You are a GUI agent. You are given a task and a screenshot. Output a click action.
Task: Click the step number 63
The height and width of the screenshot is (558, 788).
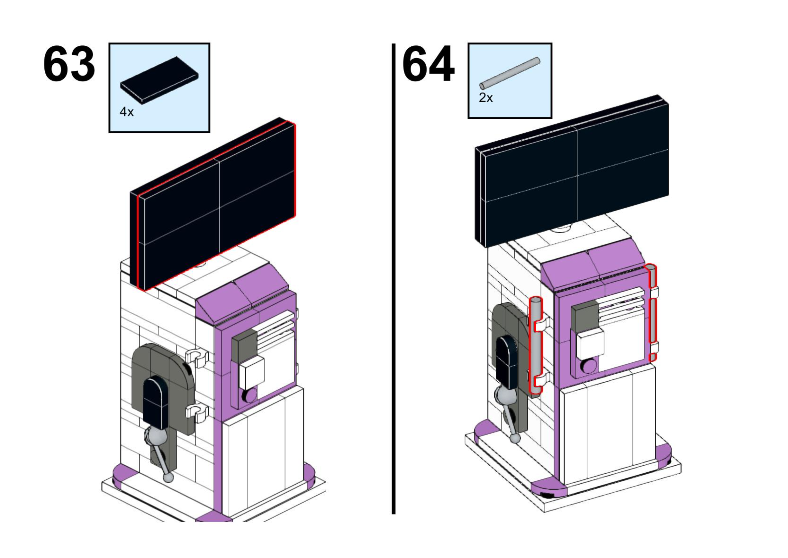pyautogui.click(x=69, y=64)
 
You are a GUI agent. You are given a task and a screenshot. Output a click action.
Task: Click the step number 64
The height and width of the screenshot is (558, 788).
pyautogui.click(x=428, y=64)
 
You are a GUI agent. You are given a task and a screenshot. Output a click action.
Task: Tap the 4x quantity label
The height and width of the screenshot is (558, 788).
pyautogui.click(x=126, y=112)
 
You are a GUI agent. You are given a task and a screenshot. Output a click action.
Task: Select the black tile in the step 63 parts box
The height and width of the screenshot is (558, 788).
pyautogui.click(x=159, y=79)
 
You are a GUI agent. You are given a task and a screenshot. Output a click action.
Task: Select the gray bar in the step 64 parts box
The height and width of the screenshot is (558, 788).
pyautogui.click(x=510, y=73)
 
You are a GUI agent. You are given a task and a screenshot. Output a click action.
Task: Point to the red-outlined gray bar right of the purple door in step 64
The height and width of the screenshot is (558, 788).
pyautogui.click(x=652, y=313)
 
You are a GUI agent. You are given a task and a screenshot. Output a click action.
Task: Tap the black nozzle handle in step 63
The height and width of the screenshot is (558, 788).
pyautogui.click(x=155, y=402)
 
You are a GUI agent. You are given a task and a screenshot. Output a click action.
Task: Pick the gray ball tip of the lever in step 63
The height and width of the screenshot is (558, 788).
pyautogui.click(x=168, y=478)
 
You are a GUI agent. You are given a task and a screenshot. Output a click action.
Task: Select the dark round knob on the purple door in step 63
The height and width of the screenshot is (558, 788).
pyautogui.click(x=250, y=395)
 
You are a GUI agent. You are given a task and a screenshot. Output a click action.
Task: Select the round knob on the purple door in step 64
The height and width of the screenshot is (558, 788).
pyautogui.click(x=589, y=366)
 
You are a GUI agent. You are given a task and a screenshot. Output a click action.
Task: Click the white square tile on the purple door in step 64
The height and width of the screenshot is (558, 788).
pyautogui.click(x=590, y=344)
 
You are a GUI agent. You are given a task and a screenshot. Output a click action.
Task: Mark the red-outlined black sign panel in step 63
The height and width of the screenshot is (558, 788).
pyautogui.click(x=220, y=206)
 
